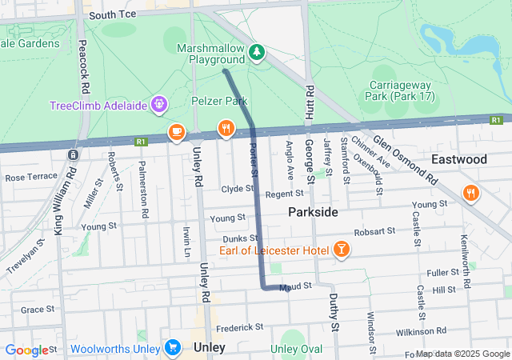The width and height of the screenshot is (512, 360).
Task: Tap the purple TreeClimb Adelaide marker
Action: click(x=160, y=105)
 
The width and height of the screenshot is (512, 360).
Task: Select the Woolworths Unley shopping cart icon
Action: click(x=172, y=347)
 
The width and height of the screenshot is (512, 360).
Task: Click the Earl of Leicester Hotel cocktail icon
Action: click(x=342, y=250)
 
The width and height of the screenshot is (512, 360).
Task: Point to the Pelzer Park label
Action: click(x=219, y=101)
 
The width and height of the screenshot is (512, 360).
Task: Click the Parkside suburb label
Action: click(x=313, y=212)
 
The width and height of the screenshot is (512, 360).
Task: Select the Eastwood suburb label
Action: click(x=459, y=159)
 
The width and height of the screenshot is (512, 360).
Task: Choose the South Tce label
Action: click(x=113, y=14)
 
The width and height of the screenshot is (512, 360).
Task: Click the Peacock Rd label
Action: click(x=82, y=70)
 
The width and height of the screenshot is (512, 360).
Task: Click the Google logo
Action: click(x=27, y=350)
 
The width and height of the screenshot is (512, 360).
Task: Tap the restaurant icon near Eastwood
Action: click(x=470, y=192)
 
